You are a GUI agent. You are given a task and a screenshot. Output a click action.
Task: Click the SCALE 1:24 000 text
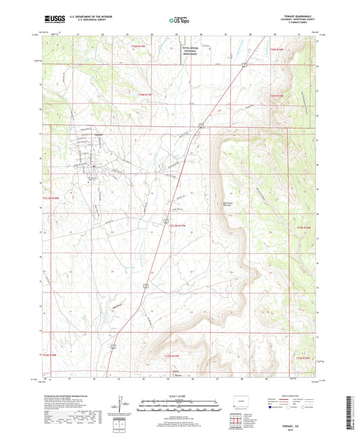180,396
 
